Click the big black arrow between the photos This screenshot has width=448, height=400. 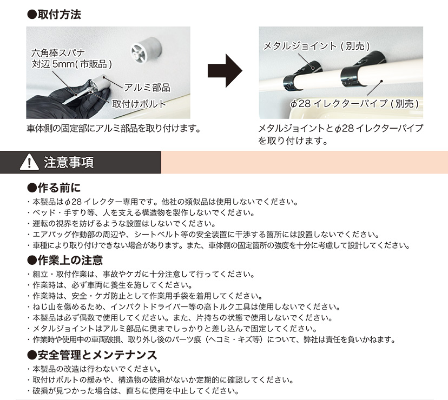click(225, 71)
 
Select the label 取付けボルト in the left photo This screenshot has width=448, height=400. click(140, 103)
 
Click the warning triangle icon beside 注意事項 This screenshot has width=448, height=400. click(27, 162)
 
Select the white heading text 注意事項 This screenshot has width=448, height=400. click(69, 162)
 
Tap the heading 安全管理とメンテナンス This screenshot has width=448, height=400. click(92, 355)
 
